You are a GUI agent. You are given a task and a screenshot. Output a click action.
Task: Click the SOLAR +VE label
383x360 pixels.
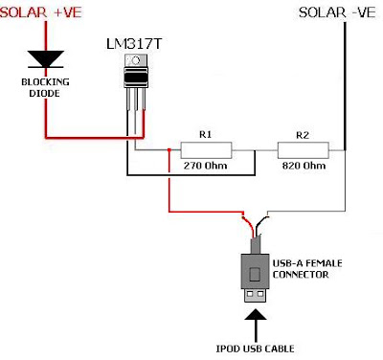(x=41, y=12)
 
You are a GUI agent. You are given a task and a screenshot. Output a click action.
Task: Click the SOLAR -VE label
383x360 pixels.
(x=337, y=12)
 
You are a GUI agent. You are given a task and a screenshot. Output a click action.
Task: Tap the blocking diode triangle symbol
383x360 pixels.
(x=46, y=59)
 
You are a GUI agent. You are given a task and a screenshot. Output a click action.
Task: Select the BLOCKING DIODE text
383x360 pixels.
(x=45, y=87)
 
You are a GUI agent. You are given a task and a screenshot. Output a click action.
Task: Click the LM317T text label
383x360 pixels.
(x=134, y=44)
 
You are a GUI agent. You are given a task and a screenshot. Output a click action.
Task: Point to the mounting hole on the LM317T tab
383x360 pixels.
(x=135, y=60)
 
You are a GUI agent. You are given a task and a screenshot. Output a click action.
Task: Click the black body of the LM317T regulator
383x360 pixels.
(x=136, y=77)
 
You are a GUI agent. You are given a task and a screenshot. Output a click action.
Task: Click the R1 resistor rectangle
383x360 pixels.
(x=206, y=150)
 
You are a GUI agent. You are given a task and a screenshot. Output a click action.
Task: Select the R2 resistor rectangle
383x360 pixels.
(x=303, y=150)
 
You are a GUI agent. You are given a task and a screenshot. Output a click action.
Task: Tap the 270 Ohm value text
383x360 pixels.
(x=205, y=166)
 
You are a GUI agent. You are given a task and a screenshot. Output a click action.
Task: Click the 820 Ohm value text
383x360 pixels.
(x=304, y=166)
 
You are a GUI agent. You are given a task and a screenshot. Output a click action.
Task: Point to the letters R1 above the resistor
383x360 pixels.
(x=205, y=134)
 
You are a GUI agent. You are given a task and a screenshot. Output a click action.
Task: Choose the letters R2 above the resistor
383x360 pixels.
(x=303, y=135)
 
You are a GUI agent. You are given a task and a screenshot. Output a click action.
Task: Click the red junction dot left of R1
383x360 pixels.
(x=169, y=149)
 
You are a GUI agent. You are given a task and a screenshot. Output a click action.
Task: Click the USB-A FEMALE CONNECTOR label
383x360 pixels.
(x=307, y=269)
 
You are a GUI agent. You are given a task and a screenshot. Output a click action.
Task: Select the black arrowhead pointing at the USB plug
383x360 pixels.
(x=256, y=315)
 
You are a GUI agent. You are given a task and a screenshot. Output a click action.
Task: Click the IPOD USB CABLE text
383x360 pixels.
(x=255, y=349)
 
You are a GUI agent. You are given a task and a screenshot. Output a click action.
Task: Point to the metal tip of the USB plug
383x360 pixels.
(x=256, y=295)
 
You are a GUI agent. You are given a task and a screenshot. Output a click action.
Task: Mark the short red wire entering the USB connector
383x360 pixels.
(x=249, y=226)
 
